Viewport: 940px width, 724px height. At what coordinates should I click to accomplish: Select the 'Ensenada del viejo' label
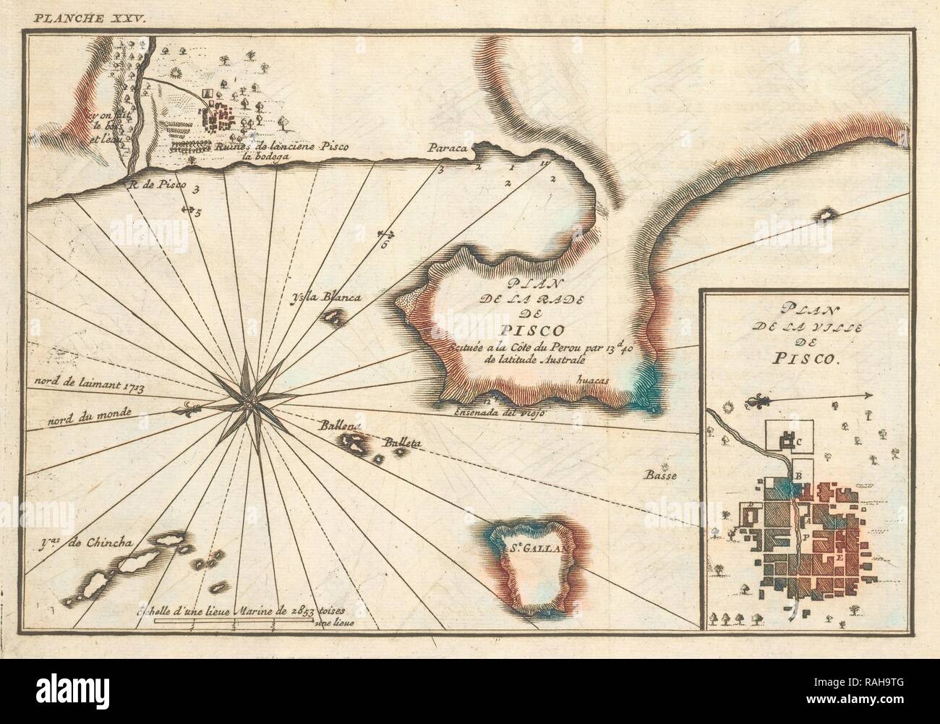(499, 412)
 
